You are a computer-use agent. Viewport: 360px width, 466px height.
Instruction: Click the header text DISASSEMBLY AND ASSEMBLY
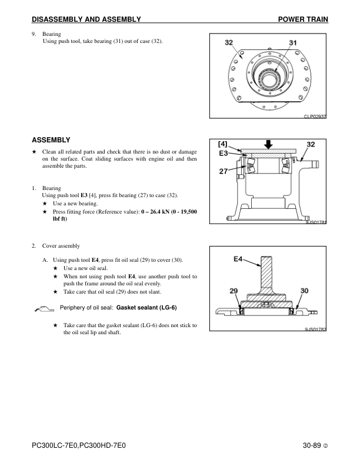click(x=86, y=20)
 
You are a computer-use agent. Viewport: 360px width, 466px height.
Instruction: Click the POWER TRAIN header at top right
click(x=302, y=20)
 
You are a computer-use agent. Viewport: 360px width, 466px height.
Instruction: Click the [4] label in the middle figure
click(x=223, y=144)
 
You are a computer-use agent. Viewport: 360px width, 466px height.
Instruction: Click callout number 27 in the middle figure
click(x=224, y=172)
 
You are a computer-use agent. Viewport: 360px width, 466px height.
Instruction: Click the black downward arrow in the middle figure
click(x=268, y=144)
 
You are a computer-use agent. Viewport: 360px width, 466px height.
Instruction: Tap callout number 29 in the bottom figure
click(x=234, y=291)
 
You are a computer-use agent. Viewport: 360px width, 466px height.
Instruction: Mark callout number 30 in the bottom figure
click(x=304, y=291)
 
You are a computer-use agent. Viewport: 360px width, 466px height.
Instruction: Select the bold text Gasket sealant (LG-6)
click(x=147, y=308)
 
